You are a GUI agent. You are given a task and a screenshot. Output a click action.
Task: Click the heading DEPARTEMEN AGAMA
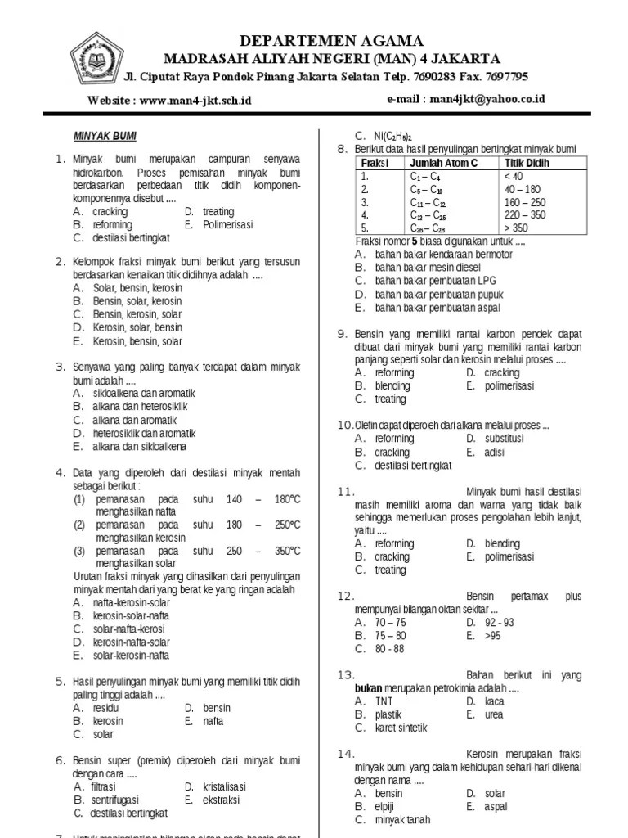(x=331, y=41)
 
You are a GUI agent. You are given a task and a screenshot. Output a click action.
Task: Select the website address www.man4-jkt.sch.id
(x=195, y=100)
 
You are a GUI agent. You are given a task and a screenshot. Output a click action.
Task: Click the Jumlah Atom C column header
(x=442, y=163)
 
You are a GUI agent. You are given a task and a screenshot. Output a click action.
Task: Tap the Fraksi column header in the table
(x=375, y=163)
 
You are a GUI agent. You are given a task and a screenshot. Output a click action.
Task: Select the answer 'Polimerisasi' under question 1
(x=227, y=224)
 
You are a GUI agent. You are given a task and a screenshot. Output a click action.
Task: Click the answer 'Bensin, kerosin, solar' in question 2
(x=137, y=314)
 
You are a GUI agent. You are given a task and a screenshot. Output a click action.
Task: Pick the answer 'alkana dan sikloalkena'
(x=140, y=447)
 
